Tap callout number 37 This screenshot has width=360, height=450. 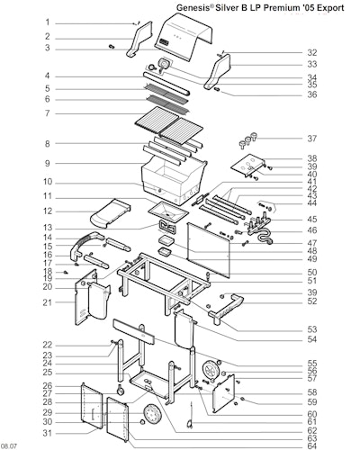click(x=312, y=139)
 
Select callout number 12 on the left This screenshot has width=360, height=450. click(x=48, y=211)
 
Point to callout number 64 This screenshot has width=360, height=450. click(x=312, y=445)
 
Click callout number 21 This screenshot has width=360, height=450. click(x=48, y=302)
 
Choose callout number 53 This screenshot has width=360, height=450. click(x=312, y=329)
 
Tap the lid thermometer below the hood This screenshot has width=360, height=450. click(x=164, y=64)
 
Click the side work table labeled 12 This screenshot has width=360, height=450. click(x=111, y=212)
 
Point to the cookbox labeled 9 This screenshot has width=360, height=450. click(x=174, y=178)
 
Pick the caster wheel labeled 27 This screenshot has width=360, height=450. click(x=121, y=390)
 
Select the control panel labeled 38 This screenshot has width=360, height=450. click(x=248, y=166)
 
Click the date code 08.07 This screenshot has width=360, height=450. click(x=8, y=446)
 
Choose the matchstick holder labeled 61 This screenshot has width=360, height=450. click(x=190, y=416)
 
